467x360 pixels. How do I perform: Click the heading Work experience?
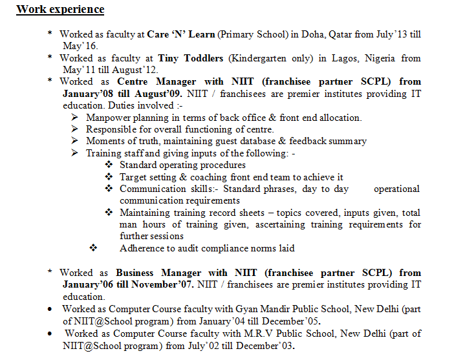click(x=60, y=10)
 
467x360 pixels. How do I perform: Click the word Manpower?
click(x=108, y=118)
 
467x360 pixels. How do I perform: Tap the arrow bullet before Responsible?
click(x=75, y=129)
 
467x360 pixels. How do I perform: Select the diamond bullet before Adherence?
click(x=93, y=248)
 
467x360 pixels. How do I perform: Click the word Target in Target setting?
click(x=134, y=177)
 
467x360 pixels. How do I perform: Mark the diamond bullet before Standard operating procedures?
click(x=109, y=165)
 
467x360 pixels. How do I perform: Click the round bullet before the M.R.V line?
click(x=50, y=334)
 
